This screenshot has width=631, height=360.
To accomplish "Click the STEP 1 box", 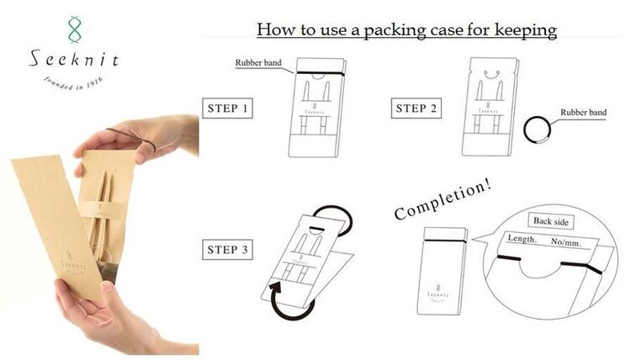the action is coord(227,108).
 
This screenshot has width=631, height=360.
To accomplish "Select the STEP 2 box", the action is coord(416,108).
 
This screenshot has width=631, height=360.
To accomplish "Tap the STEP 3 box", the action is coord(227,249).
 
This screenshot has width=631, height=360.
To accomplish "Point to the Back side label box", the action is coord(550,221).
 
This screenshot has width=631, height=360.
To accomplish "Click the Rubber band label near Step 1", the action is coord(258,63).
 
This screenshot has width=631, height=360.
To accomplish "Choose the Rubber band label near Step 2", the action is coord(583,112).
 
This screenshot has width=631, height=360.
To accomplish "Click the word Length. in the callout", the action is coord(522,239).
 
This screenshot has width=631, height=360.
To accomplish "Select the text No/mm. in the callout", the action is coord(566,241).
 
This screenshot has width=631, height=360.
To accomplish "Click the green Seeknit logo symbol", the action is coord(74,29).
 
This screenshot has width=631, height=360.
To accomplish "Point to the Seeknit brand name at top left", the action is coord(74,59).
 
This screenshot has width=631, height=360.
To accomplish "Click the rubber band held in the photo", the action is coord(133,136).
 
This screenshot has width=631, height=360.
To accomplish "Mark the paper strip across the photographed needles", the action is coord(101,210).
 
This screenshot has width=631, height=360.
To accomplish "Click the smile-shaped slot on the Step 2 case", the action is coord(491,75).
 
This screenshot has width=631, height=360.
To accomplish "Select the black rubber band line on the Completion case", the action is coord(445,241).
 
